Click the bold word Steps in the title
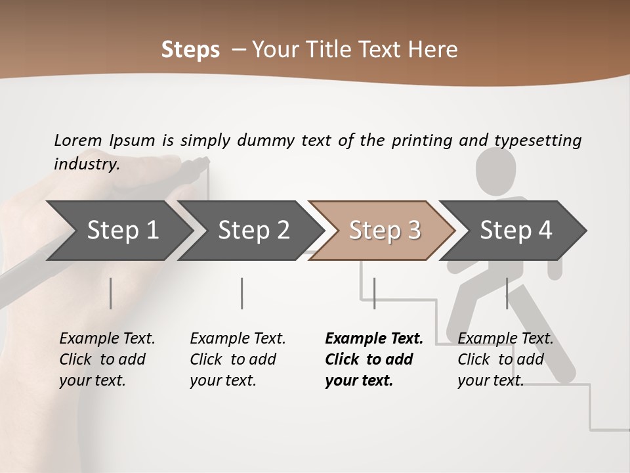click(x=190, y=49)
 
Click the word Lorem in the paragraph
click(x=77, y=140)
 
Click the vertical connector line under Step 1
click(x=111, y=293)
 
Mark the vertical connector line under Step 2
click(x=242, y=293)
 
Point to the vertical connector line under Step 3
click(x=374, y=293)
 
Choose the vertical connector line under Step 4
click(x=507, y=293)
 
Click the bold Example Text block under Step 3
click(x=374, y=359)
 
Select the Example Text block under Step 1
click(x=107, y=359)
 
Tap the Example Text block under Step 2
click(x=238, y=359)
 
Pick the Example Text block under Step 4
click(x=505, y=359)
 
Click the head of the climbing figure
click(x=495, y=169)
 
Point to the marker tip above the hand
click(x=203, y=162)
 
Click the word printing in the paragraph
click(x=423, y=141)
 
